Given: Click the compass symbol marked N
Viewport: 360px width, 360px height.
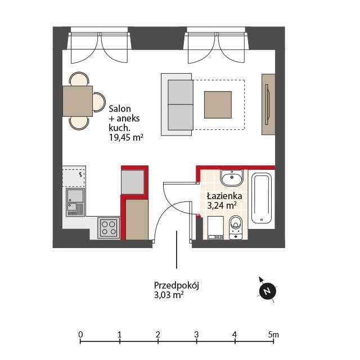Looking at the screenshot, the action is [x=267, y=291].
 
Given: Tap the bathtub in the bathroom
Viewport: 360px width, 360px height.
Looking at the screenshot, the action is [x=262, y=199].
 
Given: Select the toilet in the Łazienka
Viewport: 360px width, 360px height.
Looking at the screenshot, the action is [x=236, y=227].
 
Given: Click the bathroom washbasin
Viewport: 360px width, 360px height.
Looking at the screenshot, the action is [x=232, y=178].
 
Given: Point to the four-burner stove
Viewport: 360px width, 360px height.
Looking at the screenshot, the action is [x=109, y=228].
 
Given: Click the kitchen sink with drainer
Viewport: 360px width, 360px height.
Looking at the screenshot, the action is [x=75, y=202].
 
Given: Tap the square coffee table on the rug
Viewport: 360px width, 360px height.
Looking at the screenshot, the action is [x=218, y=105].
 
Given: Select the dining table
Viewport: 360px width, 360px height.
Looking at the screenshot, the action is [x=78, y=101].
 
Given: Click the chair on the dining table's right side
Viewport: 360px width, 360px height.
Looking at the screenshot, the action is [x=99, y=102].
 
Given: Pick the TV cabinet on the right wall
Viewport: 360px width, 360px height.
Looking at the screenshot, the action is [x=268, y=104].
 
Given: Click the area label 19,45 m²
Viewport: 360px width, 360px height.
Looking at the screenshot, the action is [x=126, y=137].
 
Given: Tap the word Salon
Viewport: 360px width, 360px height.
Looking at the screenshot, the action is [x=120, y=109].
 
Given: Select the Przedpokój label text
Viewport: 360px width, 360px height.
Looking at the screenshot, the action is [x=176, y=286].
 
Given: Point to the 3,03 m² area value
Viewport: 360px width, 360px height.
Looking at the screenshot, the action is [x=169, y=295].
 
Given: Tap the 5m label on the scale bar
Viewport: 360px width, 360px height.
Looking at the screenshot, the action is [x=273, y=335].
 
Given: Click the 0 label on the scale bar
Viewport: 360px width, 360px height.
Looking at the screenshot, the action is [x=80, y=334].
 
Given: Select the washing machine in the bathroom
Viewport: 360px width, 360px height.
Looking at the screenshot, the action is [x=215, y=228].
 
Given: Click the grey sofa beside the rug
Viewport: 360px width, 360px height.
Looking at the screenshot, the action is [x=177, y=105].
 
